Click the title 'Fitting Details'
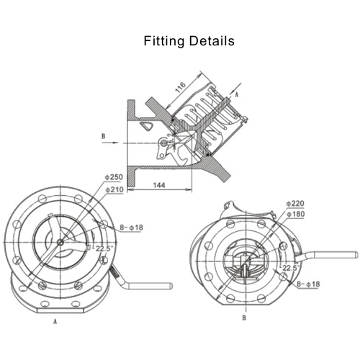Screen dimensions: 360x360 point(189,41)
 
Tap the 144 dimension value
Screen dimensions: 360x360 point(161,185)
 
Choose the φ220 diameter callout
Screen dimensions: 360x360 point(295,204)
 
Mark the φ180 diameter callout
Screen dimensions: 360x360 point(295,215)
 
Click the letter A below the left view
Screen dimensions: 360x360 point(55,322)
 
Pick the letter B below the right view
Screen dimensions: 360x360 point(244,318)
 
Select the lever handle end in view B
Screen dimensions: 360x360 point(353,253)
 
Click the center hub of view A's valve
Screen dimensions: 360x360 point(60,242)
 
